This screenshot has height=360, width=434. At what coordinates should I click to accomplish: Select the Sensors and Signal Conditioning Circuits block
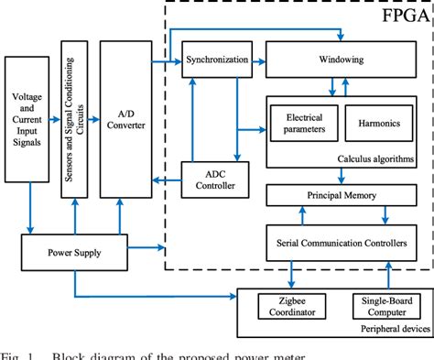point(73,118)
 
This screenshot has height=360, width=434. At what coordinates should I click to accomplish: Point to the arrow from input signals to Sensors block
point(54,118)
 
